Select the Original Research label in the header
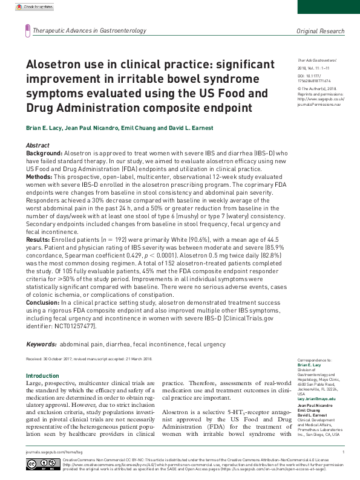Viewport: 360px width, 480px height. (320, 31)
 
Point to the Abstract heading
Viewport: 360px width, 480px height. (38, 146)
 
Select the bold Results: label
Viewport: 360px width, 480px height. (39, 239)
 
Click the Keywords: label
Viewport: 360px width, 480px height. (41, 344)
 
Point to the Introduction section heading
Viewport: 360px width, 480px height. (42, 375)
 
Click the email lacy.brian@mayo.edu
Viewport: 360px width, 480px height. (316, 400)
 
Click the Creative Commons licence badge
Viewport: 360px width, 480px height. (42, 464)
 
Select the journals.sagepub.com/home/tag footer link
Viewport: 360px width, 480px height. (50, 452)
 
